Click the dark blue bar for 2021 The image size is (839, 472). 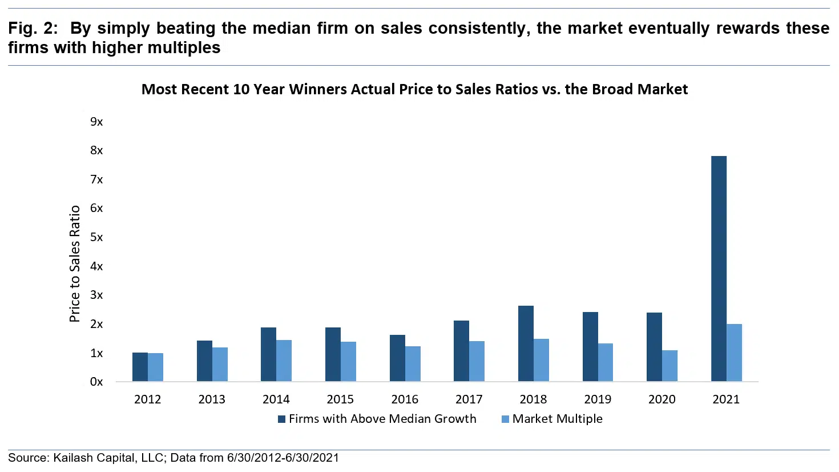pos(719,269)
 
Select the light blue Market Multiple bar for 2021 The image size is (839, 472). pos(734,353)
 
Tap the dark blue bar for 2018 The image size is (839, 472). pos(526,343)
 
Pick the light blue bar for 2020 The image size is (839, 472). pos(669,366)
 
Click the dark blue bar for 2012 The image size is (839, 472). pos(140,367)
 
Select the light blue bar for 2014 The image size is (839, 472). pos(284,361)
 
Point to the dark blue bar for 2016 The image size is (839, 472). pos(397,358)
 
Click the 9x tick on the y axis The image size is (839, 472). pos(96,122)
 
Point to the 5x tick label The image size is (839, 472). pos(96,237)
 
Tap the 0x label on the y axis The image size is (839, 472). pos(96,382)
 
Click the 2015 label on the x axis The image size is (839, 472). pos(340,399)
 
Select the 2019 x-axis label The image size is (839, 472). pos(598,399)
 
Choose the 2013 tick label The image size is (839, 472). pos(212,399)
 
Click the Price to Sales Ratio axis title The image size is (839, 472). pos(75,264)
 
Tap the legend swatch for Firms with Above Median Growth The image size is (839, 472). pos(281,419)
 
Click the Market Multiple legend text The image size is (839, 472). pos(557,419)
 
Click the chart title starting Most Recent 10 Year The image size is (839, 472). pos(414,89)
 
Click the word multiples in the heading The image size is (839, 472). pos(184,47)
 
